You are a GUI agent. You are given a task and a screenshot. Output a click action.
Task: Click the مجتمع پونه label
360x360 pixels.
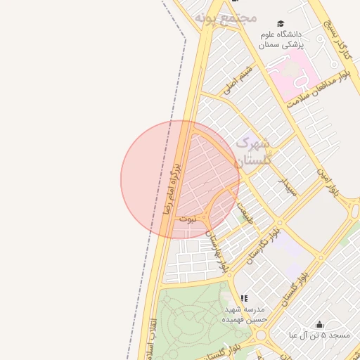click(x=226, y=18)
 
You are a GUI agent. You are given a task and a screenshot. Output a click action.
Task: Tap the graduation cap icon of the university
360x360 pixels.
click(x=281, y=24)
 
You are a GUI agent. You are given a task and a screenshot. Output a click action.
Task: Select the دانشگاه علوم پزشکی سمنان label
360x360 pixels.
click(x=280, y=39)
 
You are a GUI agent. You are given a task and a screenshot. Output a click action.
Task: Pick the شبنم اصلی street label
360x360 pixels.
click(x=237, y=81)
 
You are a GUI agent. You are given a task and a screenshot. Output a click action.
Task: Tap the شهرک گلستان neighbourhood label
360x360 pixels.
click(x=252, y=151)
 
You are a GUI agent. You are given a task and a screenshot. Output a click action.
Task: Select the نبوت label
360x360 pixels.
click(x=188, y=219)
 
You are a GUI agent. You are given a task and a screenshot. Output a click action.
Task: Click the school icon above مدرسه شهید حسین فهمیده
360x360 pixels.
click(x=244, y=298)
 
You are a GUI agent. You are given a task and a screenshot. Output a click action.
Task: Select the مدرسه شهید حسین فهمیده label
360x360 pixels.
click(x=244, y=314)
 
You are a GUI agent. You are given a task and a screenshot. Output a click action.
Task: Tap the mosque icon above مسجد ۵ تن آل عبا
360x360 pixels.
click(x=319, y=324)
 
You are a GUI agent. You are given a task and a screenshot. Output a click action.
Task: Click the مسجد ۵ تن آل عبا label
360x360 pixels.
click(x=319, y=335)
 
